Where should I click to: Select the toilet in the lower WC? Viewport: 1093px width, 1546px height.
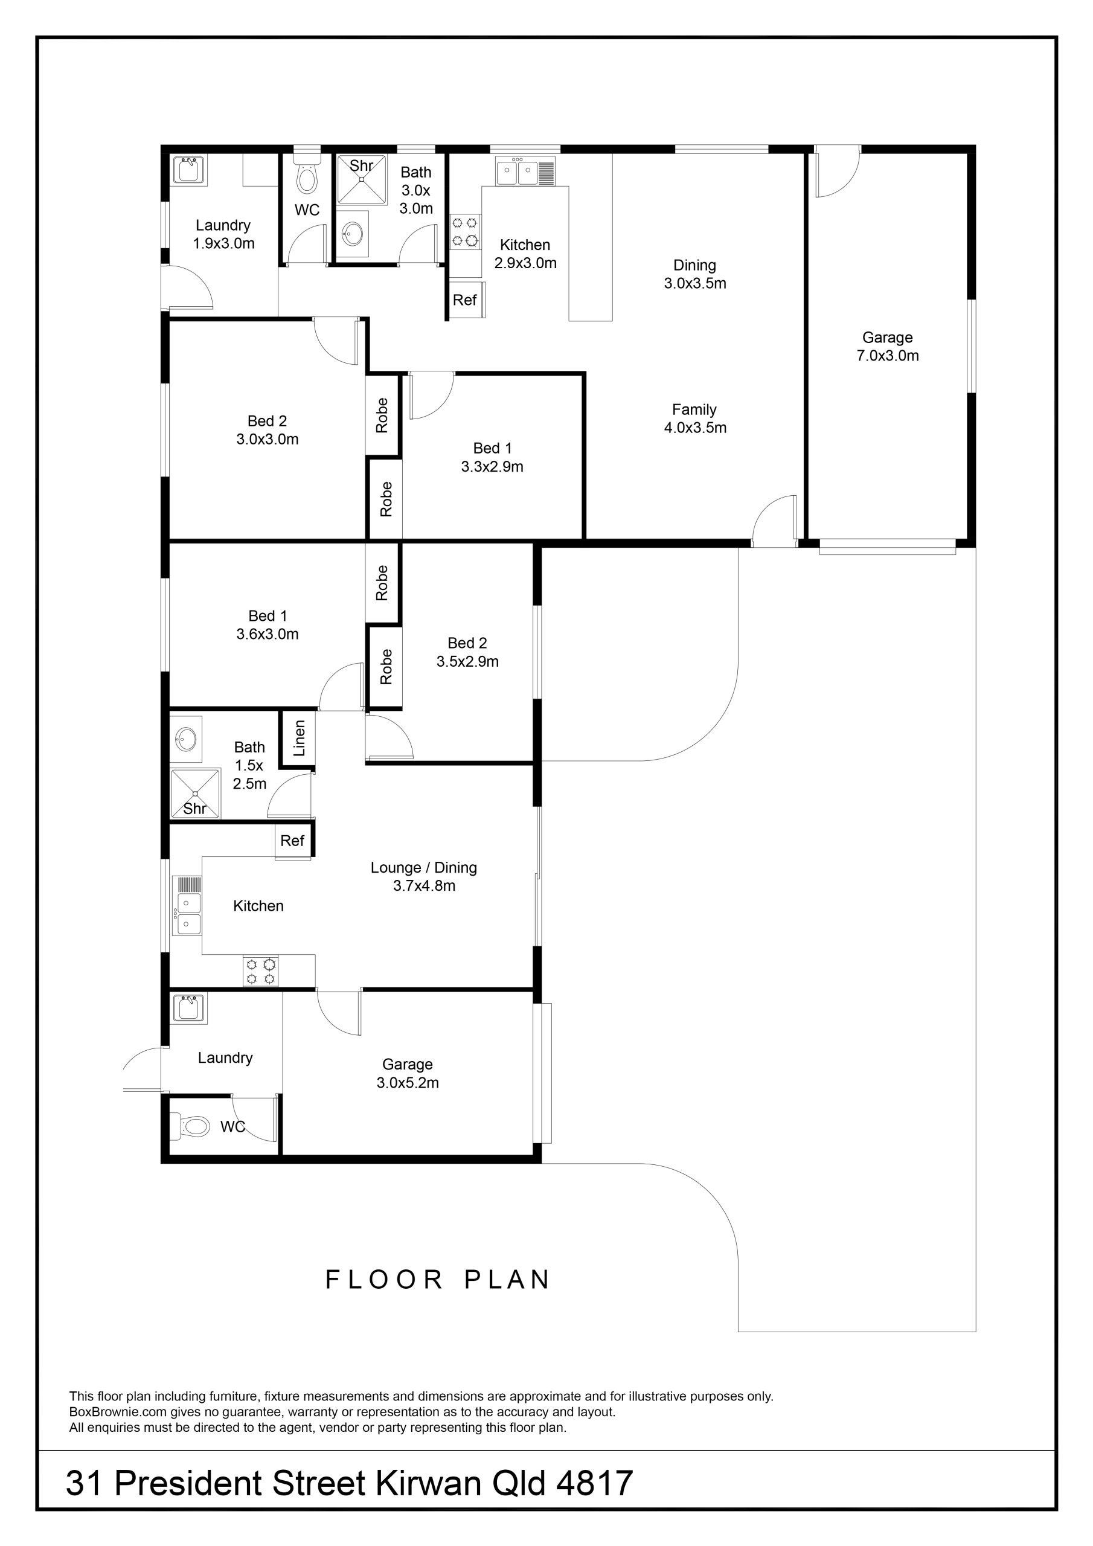pyautogui.click(x=191, y=1125)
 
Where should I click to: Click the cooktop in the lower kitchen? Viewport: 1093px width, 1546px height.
pyautogui.click(x=261, y=971)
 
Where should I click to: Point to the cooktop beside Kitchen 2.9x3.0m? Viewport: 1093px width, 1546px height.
pyautogui.click(x=465, y=231)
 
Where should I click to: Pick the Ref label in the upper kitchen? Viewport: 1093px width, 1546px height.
pyautogui.click(x=465, y=300)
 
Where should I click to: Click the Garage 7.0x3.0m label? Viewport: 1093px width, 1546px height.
pyautogui.click(x=888, y=347)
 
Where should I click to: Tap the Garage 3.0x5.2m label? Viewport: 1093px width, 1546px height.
pyautogui.click(x=408, y=1073)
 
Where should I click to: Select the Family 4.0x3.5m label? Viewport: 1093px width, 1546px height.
pyautogui.click(x=695, y=418)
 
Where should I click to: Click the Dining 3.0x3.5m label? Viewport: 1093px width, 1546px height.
pyautogui.click(x=695, y=274)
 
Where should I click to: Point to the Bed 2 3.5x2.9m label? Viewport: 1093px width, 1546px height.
pyautogui.click(x=467, y=652)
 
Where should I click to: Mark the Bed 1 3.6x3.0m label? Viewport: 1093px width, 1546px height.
pyautogui.click(x=268, y=624)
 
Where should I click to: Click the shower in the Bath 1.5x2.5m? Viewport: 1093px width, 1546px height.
pyautogui.click(x=195, y=794)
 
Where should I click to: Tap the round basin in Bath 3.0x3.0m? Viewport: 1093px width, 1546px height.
pyautogui.click(x=352, y=234)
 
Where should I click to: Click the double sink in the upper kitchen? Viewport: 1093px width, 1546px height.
pyautogui.click(x=517, y=172)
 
